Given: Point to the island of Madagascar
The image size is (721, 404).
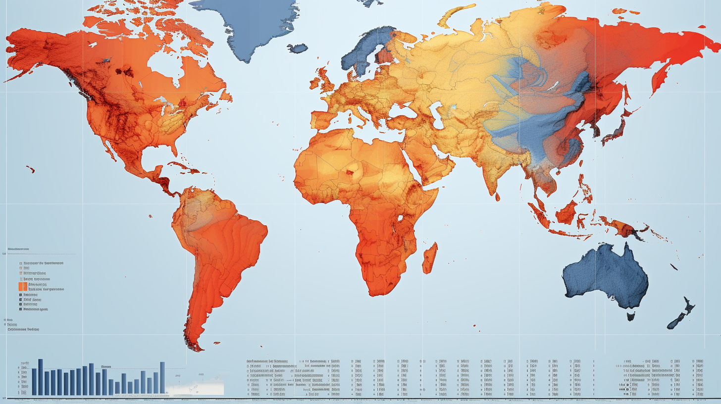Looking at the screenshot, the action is click(x=430, y=257).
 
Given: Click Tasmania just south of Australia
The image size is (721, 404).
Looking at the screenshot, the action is click(x=631, y=315).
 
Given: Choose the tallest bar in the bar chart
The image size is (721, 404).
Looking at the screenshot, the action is click(x=41, y=377).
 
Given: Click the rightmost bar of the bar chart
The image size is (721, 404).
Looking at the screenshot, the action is click(x=162, y=378).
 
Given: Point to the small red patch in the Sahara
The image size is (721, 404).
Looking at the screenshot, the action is click(x=353, y=173).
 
